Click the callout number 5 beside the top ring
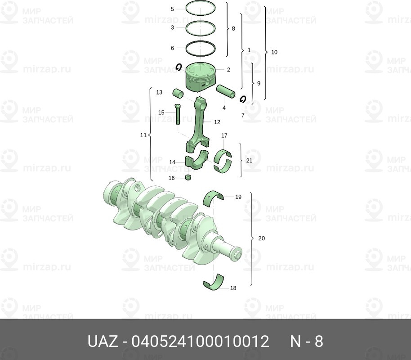coord(172,9)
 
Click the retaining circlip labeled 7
coord(243,99)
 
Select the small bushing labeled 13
coord(179,94)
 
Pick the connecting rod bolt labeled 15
coord(176,113)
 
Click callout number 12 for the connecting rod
coord(217,122)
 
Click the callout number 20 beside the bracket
coord(262,238)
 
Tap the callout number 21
coord(250,160)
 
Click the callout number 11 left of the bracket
coord(143,135)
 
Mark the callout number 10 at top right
coord(274,52)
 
